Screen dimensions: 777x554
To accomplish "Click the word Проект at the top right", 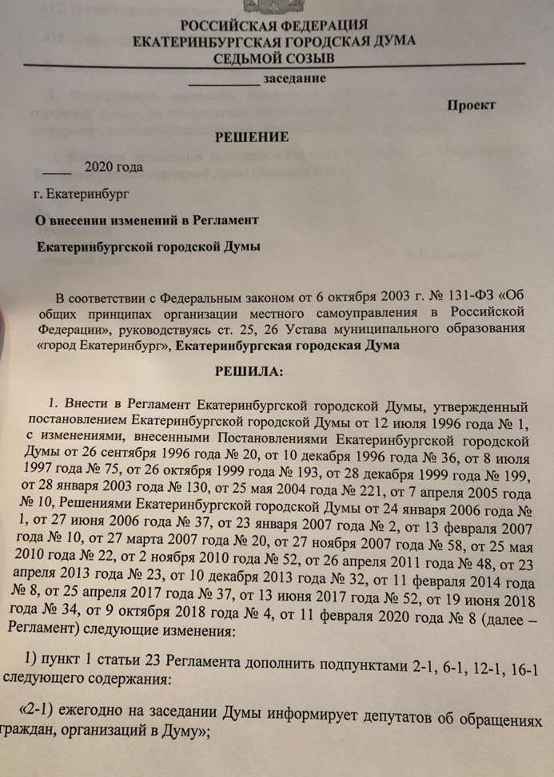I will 471,105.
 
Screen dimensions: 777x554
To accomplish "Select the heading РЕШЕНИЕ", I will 251,137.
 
